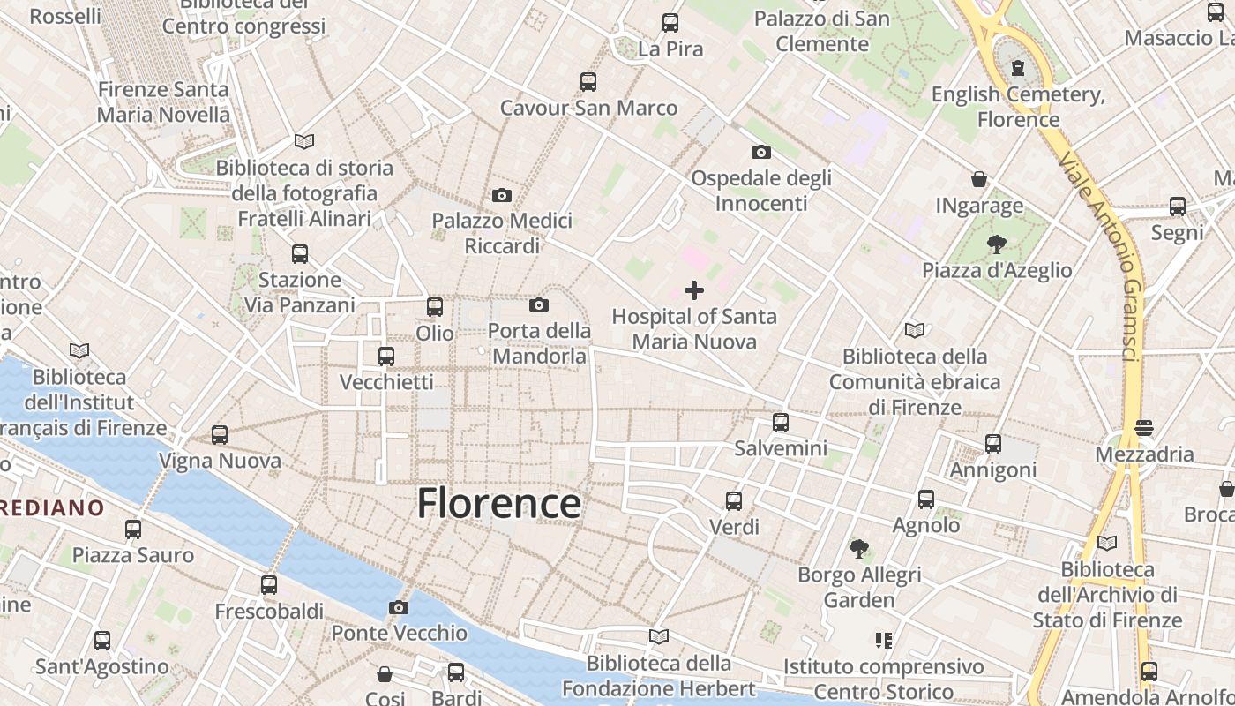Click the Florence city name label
(x=498, y=504)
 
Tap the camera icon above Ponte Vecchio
(x=399, y=607)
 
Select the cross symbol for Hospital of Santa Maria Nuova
(x=694, y=289)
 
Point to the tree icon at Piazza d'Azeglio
(x=997, y=244)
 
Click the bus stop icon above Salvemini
(x=781, y=422)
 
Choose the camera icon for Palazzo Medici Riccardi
(x=502, y=195)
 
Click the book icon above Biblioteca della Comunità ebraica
(x=915, y=330)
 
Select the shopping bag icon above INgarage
(x=979, y=179)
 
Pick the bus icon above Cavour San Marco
(x=588, y=81)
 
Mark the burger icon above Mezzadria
(x=1144, y=428)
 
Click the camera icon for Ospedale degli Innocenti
(x=761, y=152)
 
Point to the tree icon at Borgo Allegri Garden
(x=859, y=549)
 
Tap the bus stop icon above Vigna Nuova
(x=220, y=434)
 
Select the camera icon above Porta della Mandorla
(x=539, y=304)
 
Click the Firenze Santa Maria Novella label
(x=163, y=101)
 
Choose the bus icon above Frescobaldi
(x=269, y=584)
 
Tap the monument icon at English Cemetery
(x=1018, y=67)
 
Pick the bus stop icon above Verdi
(x=734, y=501)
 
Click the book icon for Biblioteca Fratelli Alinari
(x=304, y=141)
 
